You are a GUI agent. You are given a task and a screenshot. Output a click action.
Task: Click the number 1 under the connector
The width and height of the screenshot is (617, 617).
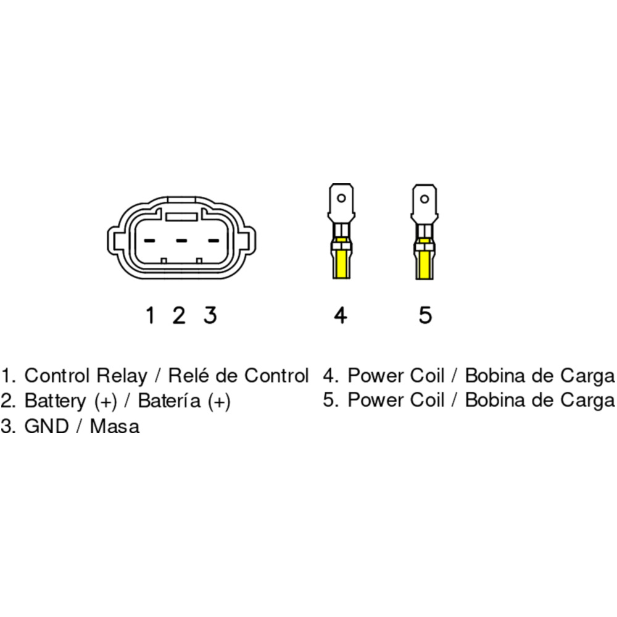(150, 315)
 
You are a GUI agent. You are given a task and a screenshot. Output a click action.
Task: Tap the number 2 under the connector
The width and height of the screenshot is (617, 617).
(179, 315)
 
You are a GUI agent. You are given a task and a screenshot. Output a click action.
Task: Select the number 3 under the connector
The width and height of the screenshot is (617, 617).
(210, 315)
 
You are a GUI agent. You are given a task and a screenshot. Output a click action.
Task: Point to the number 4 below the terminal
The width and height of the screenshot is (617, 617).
(340, 315)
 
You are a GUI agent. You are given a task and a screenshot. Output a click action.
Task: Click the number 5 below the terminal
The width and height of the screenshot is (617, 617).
(425, 315)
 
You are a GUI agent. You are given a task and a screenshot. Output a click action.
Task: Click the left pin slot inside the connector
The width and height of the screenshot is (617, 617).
(150, 240)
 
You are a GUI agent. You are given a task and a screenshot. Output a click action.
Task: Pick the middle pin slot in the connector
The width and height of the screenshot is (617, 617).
(181, 240)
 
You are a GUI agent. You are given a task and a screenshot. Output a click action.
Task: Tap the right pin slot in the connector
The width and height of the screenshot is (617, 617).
(213, 240)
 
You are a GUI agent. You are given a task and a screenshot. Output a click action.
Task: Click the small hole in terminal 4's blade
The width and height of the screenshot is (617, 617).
(340, 199)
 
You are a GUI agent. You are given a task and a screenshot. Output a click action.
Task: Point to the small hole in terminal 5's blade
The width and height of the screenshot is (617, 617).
(424, 199)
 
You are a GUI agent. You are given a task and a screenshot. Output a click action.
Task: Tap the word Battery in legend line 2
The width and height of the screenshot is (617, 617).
(55, 401)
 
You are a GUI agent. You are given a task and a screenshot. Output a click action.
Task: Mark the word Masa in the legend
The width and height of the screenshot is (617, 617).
(115, 426)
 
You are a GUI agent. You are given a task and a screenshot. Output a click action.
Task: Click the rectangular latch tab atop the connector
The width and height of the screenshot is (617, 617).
(181, 217)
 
